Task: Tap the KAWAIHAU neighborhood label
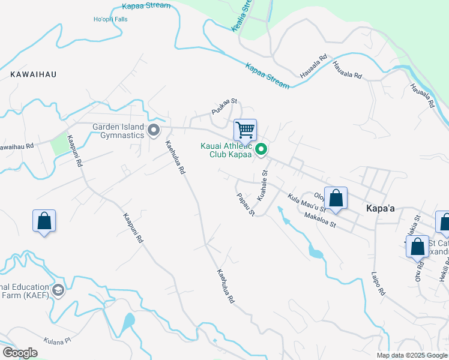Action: tap(33, 74)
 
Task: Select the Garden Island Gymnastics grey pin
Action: tap(154, 130)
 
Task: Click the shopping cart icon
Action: tap(245, 129)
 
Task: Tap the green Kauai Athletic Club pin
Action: tap(261, 149)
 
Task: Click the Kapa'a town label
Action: tap(380, 208)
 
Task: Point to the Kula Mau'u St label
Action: tap(306, 203)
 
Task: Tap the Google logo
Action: tap(20, 353)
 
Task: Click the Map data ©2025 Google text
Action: tap(411, 355)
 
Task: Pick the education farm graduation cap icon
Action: tap(58, 291)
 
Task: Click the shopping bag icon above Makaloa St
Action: tap(336, 198)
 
